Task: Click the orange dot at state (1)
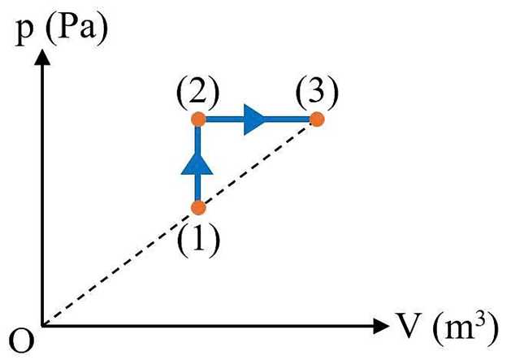[x=197, y=207]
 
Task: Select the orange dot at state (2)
[x=197, y=119]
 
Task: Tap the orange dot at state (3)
[x=317, y=119]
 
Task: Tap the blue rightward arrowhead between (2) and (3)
[x=254, y=119]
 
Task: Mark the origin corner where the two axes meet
[x=42, y=327]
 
